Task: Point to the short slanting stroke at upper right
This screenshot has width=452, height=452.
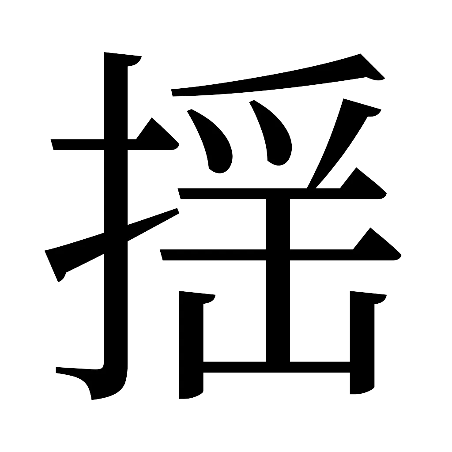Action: coord(340,137)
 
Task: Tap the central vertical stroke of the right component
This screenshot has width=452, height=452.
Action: coord(278,282)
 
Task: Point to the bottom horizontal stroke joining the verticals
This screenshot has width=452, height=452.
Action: coord(276,367)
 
